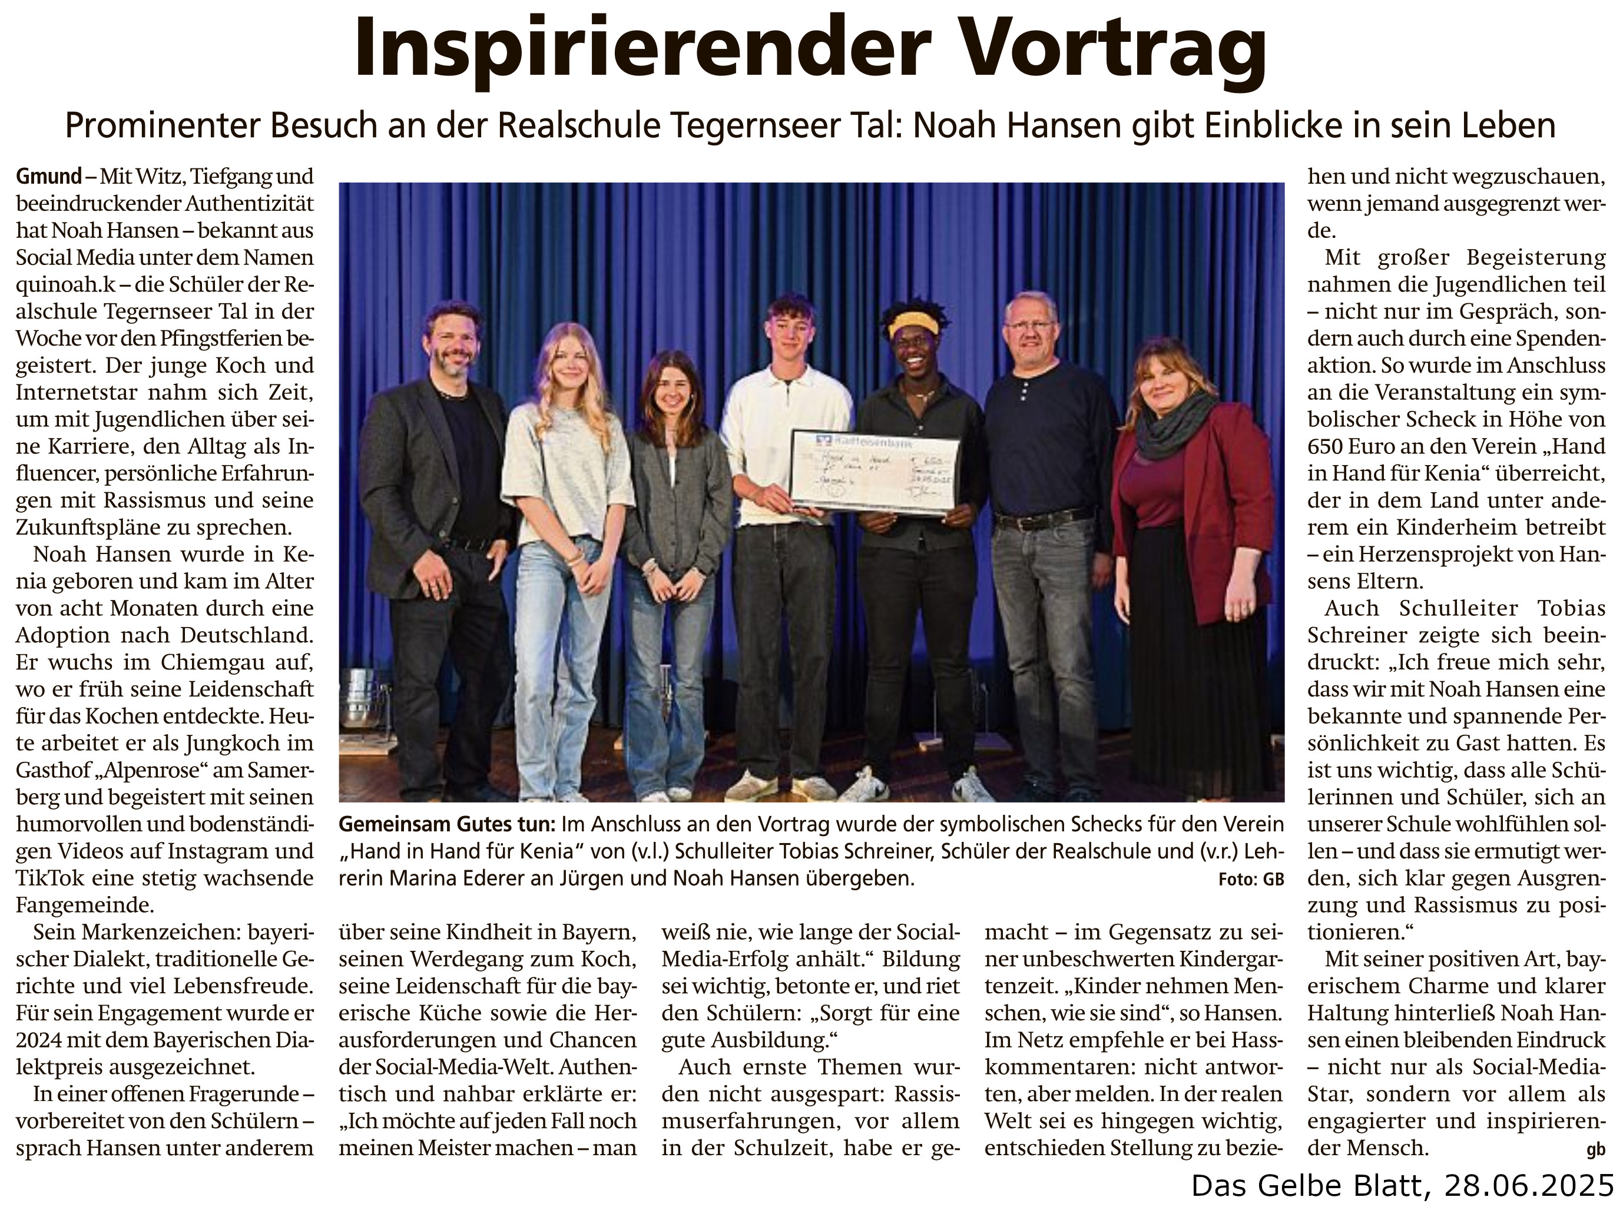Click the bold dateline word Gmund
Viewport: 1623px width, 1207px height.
click(x=48, y=177)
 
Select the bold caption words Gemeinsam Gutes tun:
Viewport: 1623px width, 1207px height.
click(x=446, y=825)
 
